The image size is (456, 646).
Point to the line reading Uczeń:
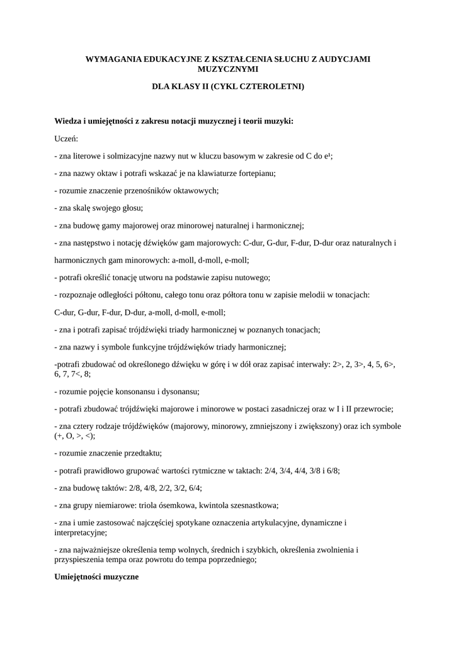pos(66,138)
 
